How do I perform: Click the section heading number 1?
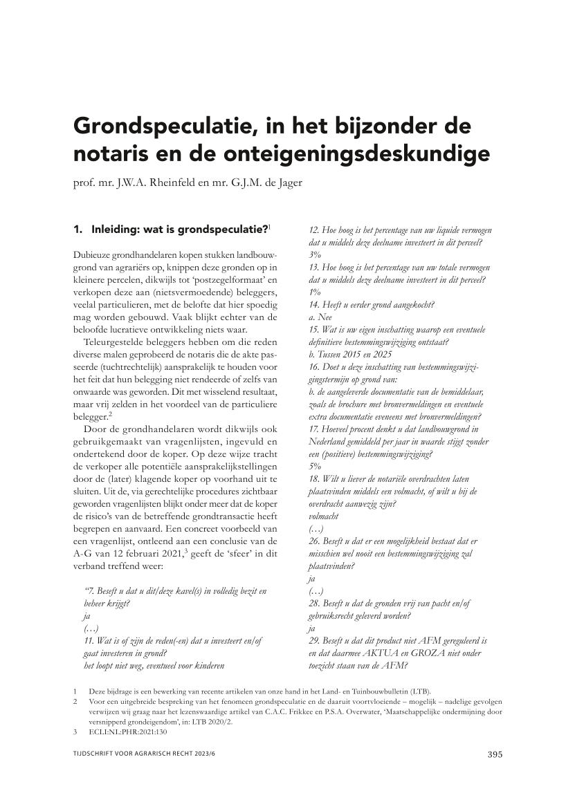(x=77, y=229)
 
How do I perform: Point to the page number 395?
(x=493, y=754)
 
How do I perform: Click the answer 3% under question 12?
(x=315, y=254)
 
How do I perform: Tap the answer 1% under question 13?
(x=315, y=292)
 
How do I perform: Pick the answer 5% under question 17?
(x=315, y=466)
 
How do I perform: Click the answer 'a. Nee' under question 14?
(x=320, y=317)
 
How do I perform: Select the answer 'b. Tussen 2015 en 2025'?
(x=348, y=354)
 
